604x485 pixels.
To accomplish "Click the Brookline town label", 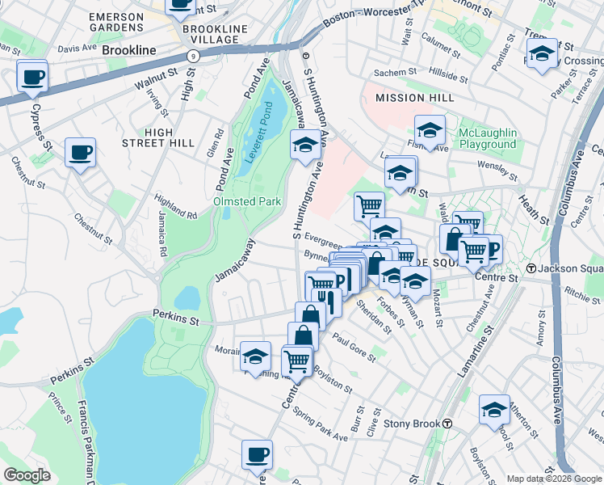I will [x=129, y=50].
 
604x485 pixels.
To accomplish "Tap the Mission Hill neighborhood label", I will [x=411, y=98].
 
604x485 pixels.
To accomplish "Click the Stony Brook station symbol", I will [x=447, y=424].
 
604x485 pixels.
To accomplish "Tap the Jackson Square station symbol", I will [x=531, y=268].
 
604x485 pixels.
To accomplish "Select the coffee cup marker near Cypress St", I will [x=32, y=78].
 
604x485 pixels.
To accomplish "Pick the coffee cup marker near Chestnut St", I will [x=80, y=152].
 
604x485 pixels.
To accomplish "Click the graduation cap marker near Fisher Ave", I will [x=430, y=130].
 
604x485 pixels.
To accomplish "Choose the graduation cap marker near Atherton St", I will [x=493, y=409].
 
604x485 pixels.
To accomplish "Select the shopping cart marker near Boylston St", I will [x=297, y=361].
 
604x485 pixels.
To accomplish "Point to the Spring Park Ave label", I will [x=321, y=424].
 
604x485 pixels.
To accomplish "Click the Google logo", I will [x=27, y=475].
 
